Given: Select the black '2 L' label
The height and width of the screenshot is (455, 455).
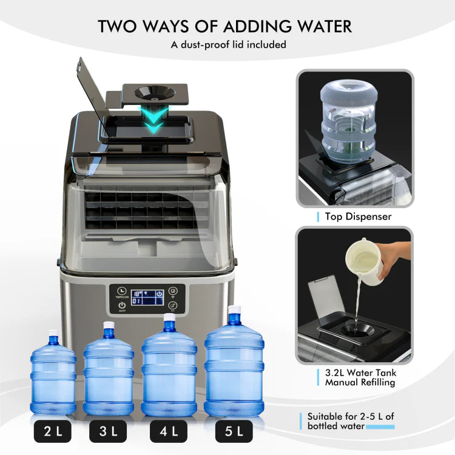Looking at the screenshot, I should (x=53, y=431).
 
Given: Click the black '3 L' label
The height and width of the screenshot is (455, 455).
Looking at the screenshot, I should (x=109, y=431).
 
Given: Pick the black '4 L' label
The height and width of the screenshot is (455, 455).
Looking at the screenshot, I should (x=169, y=431).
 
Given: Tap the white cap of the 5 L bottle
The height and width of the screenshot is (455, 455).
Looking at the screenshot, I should (x=234, y=311).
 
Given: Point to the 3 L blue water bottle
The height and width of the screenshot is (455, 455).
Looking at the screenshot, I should (x=109, y=373).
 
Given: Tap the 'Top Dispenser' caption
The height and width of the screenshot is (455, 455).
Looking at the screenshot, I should (x=358, y=217).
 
